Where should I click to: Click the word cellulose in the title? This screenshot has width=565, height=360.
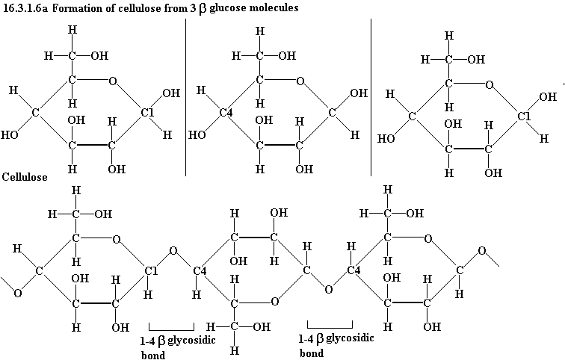click(140, 7)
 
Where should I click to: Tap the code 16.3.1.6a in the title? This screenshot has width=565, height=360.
click(25, 7)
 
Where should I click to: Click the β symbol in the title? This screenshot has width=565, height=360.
click(203, 9)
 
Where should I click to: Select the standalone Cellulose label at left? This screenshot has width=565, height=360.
click(25, 177)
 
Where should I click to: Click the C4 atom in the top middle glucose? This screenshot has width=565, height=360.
click(226, 113)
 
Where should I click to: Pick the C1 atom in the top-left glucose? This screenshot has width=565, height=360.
click(147, 113)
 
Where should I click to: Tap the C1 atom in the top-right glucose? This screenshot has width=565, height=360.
click(524, 117)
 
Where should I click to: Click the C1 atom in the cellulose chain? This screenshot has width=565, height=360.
click(151, 270)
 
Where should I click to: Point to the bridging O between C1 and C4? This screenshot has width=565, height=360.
click(173, 250)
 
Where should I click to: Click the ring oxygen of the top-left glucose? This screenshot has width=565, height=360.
click(113, 81)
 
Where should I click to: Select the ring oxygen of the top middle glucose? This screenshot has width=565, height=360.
click(300, 81)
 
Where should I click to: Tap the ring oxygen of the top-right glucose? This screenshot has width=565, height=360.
click(489, 85)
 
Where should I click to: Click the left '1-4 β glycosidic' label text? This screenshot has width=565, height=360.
click(178, 341)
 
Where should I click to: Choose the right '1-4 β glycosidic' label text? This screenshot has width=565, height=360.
click(336, 339)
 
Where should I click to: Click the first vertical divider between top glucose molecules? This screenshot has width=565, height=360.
click(185, 97)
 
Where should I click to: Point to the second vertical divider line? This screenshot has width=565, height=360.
click(371, 97)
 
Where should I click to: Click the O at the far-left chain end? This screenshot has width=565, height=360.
click(17, 294)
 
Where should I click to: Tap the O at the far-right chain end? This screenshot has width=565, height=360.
click(482, 251)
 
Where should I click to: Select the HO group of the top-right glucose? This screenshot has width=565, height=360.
click(386, 139)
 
